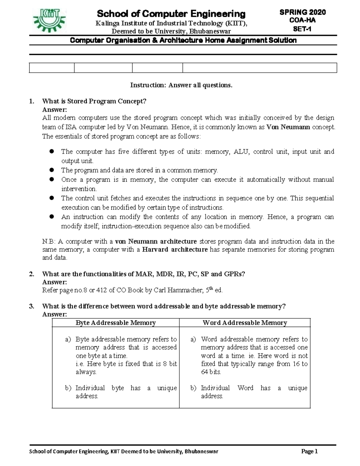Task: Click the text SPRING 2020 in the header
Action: pos(302,12)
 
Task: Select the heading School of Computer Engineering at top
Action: pos(171,14)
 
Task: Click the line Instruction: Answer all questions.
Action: pos(181,85)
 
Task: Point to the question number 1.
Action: pos(31,101)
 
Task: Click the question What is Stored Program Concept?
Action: pos(94,101)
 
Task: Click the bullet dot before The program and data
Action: pos(52,170)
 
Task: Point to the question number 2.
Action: pos(31,274)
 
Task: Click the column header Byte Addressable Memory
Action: pos(115,323)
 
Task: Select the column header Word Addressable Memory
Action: pos(245,323)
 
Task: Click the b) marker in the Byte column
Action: pos(68,388)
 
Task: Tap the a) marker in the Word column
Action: pos(193,339)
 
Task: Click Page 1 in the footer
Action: pos(310,452)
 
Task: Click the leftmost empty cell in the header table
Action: pos(52,68)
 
